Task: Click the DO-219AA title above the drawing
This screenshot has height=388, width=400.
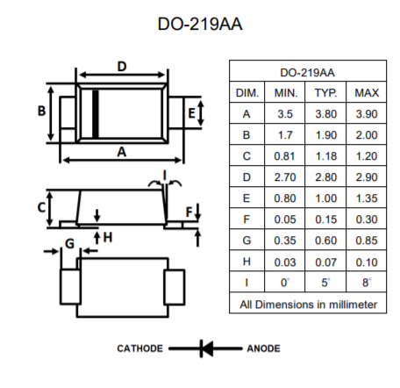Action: (x=200, y=24)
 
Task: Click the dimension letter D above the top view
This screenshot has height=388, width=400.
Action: (x=122, y=67)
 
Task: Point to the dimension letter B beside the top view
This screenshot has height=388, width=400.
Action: (x=41, y=111)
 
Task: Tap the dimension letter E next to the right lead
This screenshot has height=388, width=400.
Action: (x=191, y=113)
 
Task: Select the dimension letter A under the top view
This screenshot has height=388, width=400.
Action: (x=122, y=152)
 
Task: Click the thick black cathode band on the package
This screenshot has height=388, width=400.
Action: (x=96, y=114)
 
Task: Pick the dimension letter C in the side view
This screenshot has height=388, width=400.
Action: (x=41, y=207)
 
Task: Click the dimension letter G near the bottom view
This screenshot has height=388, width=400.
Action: (x=70, y=243)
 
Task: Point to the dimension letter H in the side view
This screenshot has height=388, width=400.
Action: (x=108, y=237)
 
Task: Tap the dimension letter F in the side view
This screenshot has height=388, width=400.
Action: (x=189, y=212)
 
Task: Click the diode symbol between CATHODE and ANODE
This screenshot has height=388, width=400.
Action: (x=205, y=348)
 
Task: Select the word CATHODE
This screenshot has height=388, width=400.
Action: (x=139, y=348)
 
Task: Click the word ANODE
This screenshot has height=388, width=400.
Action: (x=263, y=348)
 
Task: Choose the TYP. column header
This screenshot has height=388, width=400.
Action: (x=325, y=93)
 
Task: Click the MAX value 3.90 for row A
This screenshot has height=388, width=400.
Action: (x=367, y=114)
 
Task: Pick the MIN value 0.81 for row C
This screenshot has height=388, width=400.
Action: (x=284, y=156)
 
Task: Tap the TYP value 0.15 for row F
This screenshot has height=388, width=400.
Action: (x=325, y=219)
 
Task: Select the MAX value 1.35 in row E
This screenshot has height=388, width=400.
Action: (x=367, y=198)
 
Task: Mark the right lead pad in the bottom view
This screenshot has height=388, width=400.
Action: (x=175, y=287)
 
